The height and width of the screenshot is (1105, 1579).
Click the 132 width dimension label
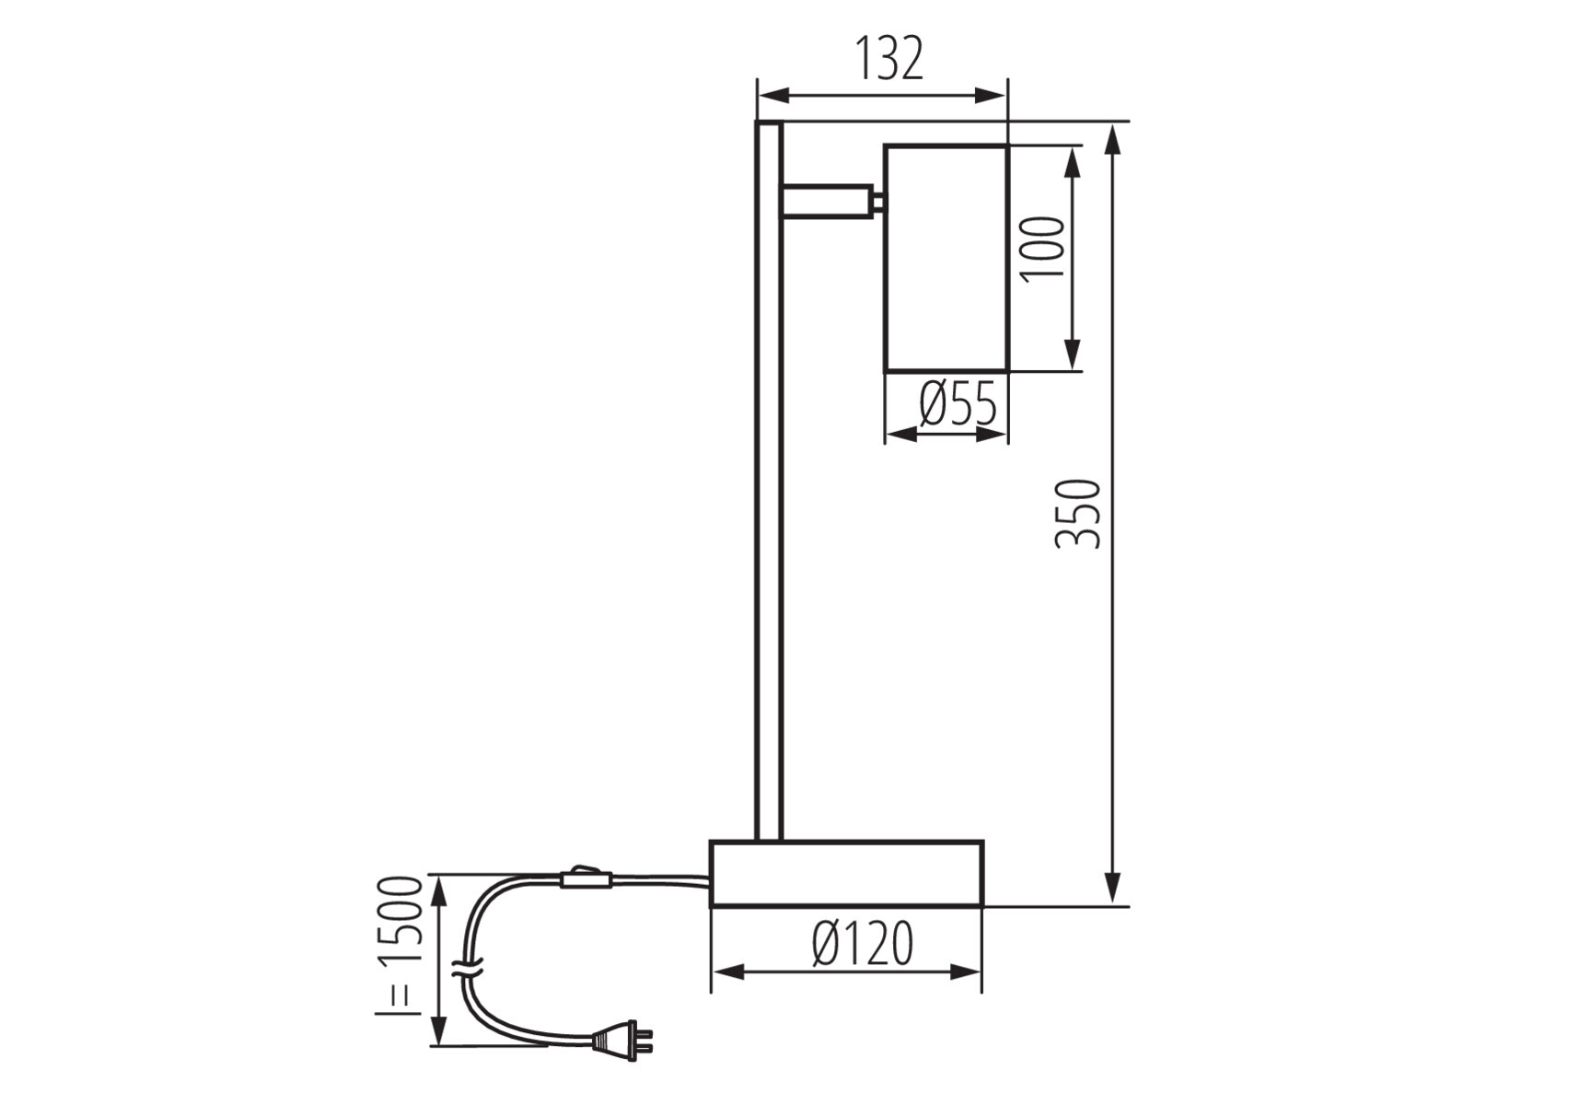[x=888, y=59]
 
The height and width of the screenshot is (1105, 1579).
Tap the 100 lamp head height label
[x=1043, y=248]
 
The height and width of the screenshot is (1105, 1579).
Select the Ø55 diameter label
[x=958, y=403]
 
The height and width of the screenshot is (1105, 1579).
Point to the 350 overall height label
[x=1078, y=514]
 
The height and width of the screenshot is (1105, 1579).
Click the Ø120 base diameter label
[x=863, y=943]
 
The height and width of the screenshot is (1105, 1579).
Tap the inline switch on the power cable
[x=585, y=878]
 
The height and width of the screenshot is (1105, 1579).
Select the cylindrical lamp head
[x=946, y=258]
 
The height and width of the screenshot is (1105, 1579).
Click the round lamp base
[x=846, y=873]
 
